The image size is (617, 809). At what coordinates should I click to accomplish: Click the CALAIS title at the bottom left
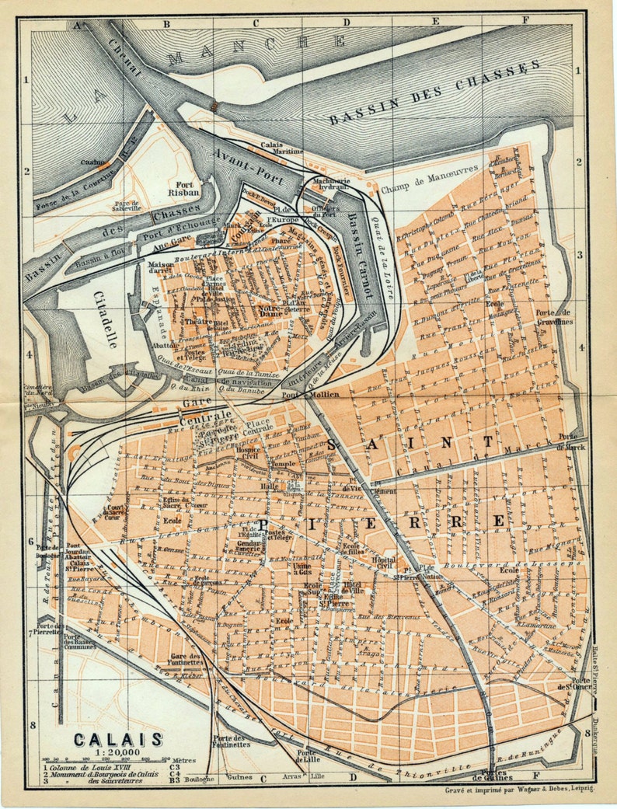[118, 739]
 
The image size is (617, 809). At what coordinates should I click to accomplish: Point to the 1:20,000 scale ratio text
[118, 751]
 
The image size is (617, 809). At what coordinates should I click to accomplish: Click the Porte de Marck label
[571, 441]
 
